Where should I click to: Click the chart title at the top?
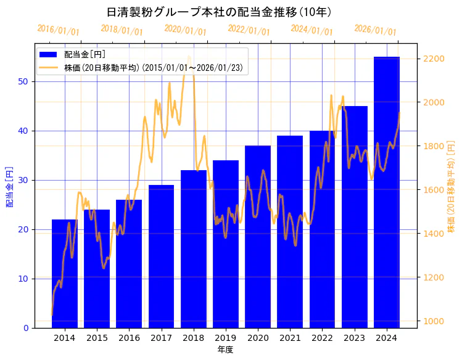[x=219, y=12]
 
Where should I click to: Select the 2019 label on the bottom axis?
[x=225, y=338]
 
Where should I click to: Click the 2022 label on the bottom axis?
[x=322, y=338]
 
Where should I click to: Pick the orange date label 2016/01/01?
[x=58, y=30]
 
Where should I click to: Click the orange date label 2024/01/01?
[x=311, y=30]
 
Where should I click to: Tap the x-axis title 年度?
[x=225, y=350]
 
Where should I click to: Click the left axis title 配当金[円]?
[x=9, y=186]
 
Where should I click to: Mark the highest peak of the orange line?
[x=189, y=57]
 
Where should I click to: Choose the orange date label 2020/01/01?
[x=185, y=30]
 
